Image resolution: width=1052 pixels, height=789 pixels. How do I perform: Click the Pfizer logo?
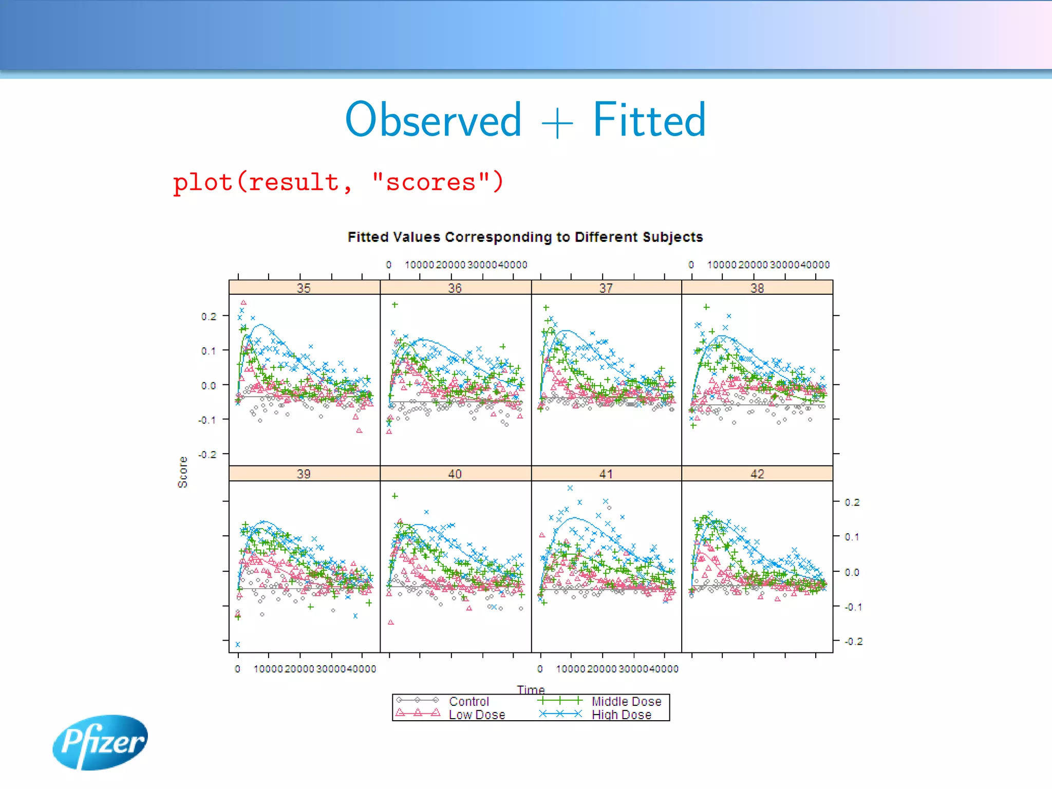click(x=100, y=742)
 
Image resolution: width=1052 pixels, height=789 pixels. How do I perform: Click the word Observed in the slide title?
click(x=434, y=120)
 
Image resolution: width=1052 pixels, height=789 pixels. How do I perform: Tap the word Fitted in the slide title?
click(x=649, y=120)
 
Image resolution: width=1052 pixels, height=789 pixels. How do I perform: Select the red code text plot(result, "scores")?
click(x=338, y=182)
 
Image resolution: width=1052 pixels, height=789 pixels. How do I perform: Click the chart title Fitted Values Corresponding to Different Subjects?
click(x=525, y=237)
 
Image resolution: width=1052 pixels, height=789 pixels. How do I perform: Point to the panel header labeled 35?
click(x=304, y=288)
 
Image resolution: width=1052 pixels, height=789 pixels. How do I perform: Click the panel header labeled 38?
click(x=757, y=288)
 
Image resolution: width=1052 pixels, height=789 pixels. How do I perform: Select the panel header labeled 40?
click(x=455, y=474)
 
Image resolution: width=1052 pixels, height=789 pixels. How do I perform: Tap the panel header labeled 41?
click(x=606, y=474)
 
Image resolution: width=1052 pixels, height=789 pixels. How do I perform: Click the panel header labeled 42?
click(x=757, y=474)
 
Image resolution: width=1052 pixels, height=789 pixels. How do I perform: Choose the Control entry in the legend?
click(x=468, y=701)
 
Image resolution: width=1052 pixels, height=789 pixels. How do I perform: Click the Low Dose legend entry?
click(x=476, y=715)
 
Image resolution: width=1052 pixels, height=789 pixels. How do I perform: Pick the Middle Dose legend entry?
click(x=626, y=701)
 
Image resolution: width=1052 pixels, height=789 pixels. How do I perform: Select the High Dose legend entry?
click(x=621, y=715)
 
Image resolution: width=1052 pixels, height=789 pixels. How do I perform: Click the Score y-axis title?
click(x=183, y=472)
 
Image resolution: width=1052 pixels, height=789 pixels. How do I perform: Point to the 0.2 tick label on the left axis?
click(x=209, y=316)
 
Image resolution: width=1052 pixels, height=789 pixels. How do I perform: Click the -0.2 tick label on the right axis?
click(x=853, y=641)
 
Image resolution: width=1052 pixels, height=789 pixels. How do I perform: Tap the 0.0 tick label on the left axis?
click(x=209, y=385)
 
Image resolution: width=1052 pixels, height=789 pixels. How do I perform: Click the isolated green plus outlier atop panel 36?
click(x=394, y=305)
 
